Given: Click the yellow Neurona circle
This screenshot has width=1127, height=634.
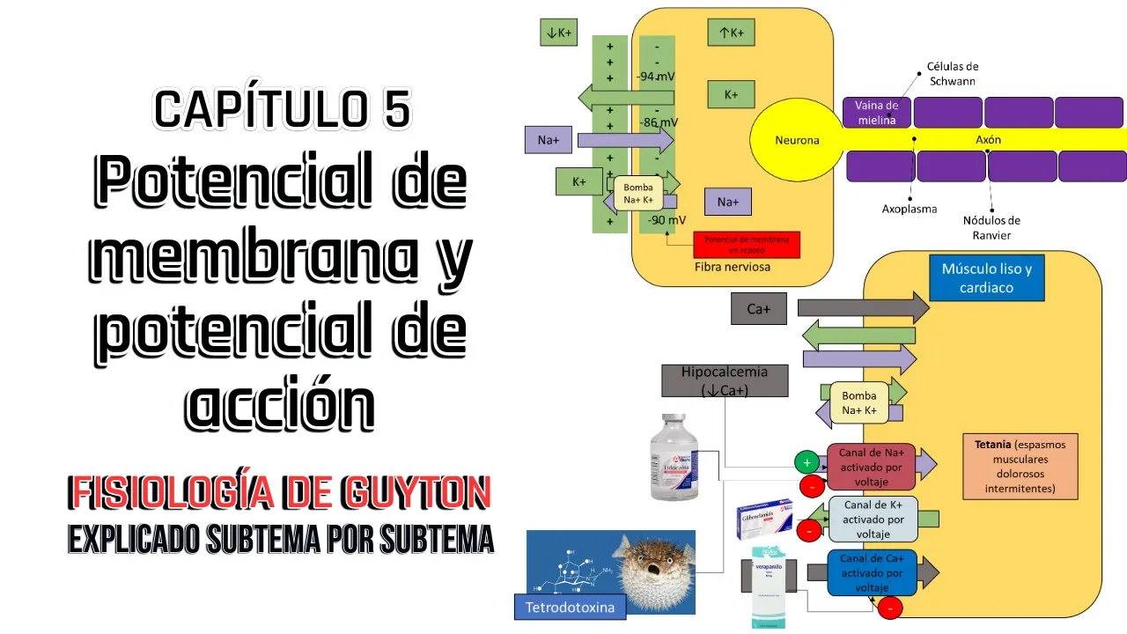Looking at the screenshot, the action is point(796,140).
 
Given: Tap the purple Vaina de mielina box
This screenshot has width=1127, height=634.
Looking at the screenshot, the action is point(876,113).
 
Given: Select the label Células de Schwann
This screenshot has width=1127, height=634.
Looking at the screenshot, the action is point(952,73).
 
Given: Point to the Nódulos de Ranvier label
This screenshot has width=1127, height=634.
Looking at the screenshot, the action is point(991,227).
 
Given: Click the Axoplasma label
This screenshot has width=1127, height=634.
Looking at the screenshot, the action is point(909,210).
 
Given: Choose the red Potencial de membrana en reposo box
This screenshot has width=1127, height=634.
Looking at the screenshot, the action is point(747,244).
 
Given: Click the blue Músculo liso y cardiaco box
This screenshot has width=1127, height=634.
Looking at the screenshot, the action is point(986,278).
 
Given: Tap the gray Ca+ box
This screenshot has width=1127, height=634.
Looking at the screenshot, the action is point(759,309).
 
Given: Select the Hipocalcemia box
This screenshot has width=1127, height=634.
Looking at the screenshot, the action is point(725,380).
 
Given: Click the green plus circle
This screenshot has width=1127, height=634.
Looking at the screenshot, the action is point(807,461).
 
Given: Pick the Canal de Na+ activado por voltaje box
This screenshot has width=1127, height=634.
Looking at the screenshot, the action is point(871,467).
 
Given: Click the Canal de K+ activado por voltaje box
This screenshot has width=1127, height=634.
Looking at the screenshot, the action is point(871,519).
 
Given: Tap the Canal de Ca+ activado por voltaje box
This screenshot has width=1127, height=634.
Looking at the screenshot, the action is point(871,572).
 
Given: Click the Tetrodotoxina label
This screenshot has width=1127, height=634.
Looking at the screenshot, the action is point(570,607).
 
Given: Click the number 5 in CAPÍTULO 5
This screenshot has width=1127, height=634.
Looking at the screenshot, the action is point(396,109).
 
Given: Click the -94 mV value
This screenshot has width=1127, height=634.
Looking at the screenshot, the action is point(656,77).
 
